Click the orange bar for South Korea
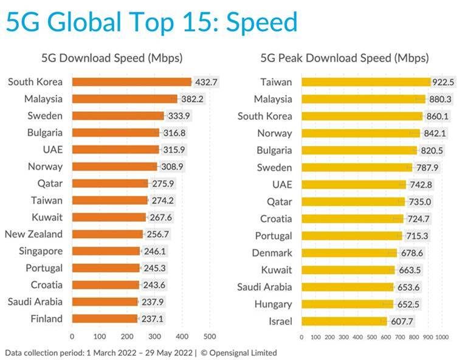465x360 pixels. point(131,81)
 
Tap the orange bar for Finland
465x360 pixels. point(105,318)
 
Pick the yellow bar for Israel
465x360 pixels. point(344,321)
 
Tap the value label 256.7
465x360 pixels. point(158,234)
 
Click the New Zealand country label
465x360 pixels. point(33,234)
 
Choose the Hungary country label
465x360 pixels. point(272,304)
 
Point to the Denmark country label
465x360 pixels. point(272,253)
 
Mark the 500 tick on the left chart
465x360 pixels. point(209,336)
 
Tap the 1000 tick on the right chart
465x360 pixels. point(443,336)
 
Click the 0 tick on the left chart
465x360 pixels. point(72,336)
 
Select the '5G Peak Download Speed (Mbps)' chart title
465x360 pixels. point(345,58)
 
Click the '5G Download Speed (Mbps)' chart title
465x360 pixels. point(112,58)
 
